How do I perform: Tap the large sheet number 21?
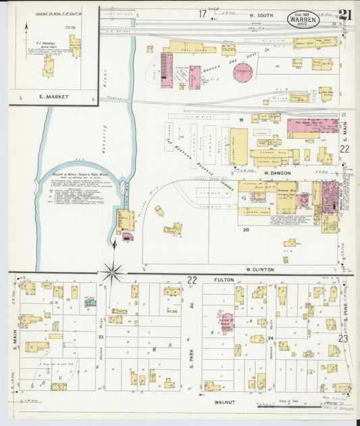(x=344, y=15)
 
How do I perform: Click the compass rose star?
(x=111, y=273)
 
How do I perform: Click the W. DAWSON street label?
(x=276, y=172)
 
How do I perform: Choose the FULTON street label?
(x=224, y=279)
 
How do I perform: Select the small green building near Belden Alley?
(x=90, y=302)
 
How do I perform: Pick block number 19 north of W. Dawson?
(x=240, y=119)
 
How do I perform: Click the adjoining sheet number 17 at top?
(x=202, y=14)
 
